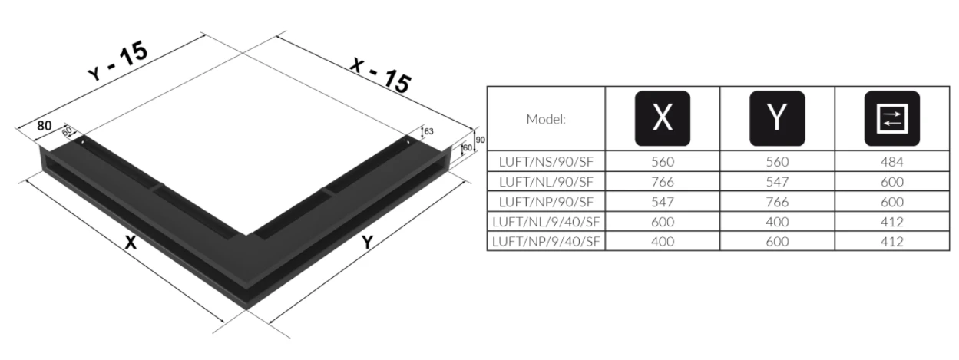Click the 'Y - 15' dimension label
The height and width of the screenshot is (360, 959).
[117, 62]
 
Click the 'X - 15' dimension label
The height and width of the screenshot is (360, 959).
[379, 73]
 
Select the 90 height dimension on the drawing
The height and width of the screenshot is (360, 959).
[479, 140]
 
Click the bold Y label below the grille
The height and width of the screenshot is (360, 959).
[368, 243]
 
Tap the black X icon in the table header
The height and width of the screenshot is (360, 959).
[662, 118]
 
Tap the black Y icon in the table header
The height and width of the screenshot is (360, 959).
[777, 118]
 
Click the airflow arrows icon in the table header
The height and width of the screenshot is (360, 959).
[892, 118]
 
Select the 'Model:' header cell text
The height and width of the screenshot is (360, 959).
[545, 119]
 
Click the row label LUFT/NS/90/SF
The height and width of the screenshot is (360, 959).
[546, 162]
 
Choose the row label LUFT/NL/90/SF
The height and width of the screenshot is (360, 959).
[546, 182]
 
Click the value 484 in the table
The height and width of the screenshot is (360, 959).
[892, 162]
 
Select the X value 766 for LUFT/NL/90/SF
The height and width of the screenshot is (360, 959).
[662, 182]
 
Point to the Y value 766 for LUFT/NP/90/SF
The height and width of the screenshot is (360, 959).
[777, 202]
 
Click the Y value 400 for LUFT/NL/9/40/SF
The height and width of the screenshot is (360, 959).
[777, 222]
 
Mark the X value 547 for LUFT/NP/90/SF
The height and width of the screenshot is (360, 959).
[662, 202]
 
